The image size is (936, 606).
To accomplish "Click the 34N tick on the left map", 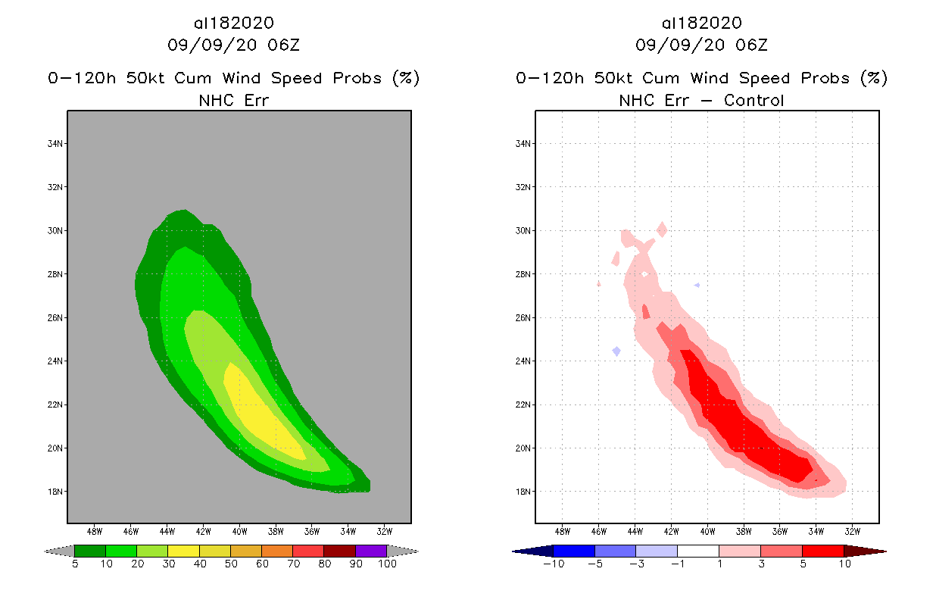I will tap(56, 144).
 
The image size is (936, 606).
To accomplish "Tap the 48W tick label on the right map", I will tap(563, 530).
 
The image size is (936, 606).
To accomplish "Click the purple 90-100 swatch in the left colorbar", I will tap(371, 551).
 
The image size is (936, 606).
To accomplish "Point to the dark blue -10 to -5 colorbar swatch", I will tap(574, 551).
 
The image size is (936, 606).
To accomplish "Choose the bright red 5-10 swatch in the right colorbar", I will tap(822, 551).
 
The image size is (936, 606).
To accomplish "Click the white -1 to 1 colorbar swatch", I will tap(697, 551).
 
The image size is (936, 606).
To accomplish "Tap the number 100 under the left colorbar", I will tap(387, 564).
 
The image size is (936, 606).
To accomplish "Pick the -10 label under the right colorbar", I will tap(554, 564).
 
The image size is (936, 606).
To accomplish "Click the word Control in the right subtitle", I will tap(753, 100).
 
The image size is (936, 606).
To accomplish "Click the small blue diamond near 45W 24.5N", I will tap(616, 351).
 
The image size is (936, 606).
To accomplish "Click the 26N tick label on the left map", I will tap(56, 318).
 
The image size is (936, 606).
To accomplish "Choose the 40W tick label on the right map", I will tap(707, 530).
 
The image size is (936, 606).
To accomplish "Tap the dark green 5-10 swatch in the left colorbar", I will tap(90, 551).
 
